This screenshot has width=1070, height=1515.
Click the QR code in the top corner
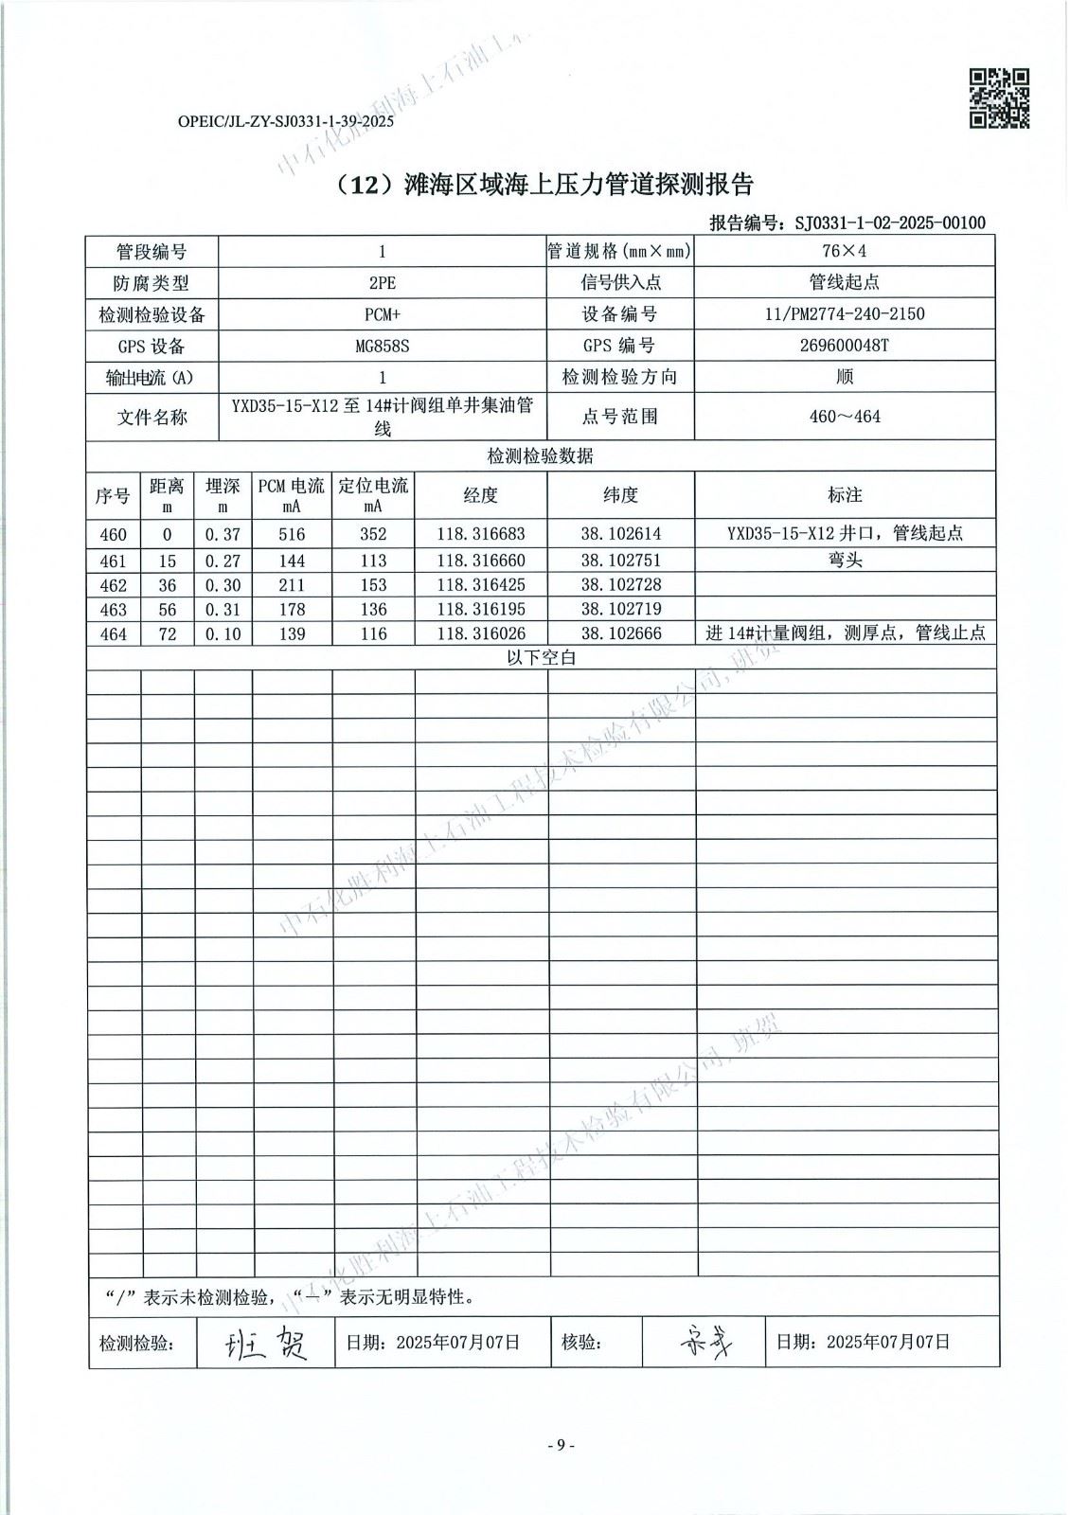[999, 98]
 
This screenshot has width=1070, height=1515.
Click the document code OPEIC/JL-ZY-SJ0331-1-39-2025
[285, 121]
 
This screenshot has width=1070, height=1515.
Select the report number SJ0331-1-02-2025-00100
[890, 223]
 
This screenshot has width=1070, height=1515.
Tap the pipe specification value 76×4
[845, 251]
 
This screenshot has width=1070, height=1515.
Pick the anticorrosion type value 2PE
[382, 282]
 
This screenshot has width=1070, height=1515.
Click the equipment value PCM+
[382, 313]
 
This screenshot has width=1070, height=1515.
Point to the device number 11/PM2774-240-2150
[845, 313]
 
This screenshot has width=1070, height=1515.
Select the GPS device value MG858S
[382, 346]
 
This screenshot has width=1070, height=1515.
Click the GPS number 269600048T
[845, 346]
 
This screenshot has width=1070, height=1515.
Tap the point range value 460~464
[845, 417]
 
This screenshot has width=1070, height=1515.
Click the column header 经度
[480, 495]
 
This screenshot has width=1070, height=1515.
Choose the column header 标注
[845, 495]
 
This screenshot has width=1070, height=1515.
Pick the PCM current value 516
[292, 535]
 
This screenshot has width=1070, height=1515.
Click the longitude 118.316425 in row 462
[480, 585]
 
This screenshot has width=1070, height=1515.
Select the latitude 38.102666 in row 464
[621, 633]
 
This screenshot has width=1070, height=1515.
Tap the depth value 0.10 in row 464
[223, 634]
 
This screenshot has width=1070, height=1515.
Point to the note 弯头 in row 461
[845, 561]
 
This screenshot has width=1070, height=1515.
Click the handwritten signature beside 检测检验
[266, 1342]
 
